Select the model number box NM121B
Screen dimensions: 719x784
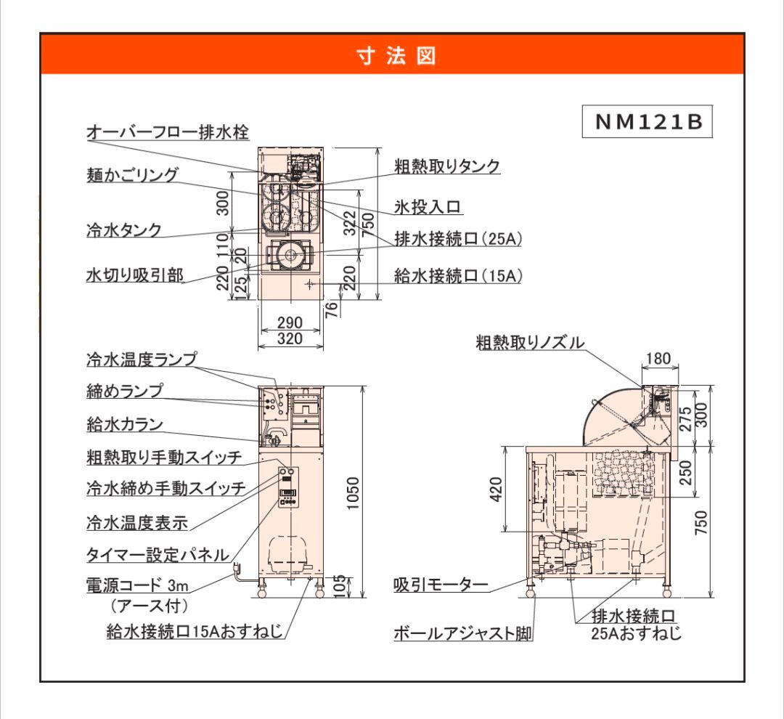pyautogui.click(x=648, y=123)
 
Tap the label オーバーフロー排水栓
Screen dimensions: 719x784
pyautogui.click(x=168, y=132)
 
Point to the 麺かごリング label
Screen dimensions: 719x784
pyautogui.click(x=131, y=175)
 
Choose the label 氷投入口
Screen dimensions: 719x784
pyautogui.click(x=428, y=207)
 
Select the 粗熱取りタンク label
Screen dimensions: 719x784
pyautogui.click(x=447, y=166)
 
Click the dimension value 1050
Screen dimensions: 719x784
pyautogui.click(x=352, y=494)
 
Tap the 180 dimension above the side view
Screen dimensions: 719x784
pyautogui.click(x=658, y=358)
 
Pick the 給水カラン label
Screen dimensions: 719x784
pyautogui.click(x=124, y=424)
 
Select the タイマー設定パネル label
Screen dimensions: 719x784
pyautogui.click(x=158, y=555)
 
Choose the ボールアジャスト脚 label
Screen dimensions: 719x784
pyautogui.click(x=462, y=633)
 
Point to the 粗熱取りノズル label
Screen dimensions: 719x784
pyautogui.click(x=529, y=342)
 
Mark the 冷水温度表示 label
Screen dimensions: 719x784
pyautogui.click(x=136, y=521)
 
